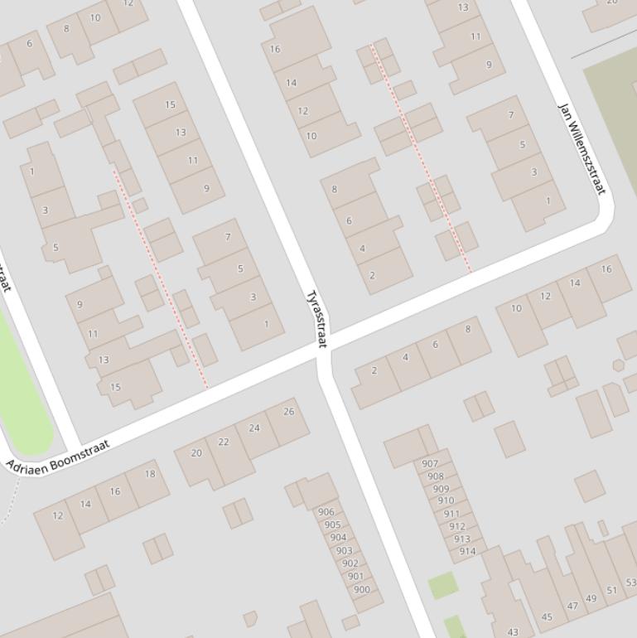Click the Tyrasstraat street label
click(x=317, y=318)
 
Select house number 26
click(x=288, y=411)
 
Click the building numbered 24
click(x=254, y=428)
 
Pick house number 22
click(x=224, y=442)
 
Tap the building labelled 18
click(x=150, y=474)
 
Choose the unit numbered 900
click(x=361, y=590)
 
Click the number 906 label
click(x=326, y=512)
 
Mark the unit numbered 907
click(x=430, y=464)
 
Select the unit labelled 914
click(x=467, y=551)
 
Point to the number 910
click(x=446, y=500)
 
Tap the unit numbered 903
click(x=344, y=551)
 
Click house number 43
click(x=513, y=631)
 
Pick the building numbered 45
click(x=547, y=616)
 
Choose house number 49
click(x=591, y=598)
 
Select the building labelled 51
click(x=611, y=590)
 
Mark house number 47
click(x=572, y=606)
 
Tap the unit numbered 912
click(x=456, y=526)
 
